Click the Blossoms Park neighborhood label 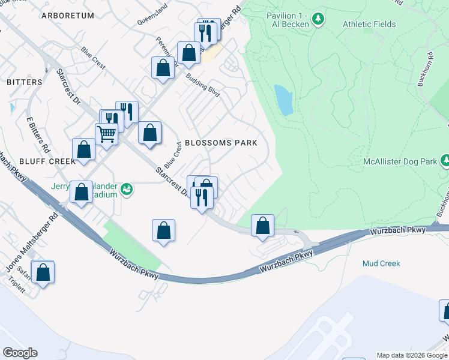pos(221,143)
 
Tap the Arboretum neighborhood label pos(68,16)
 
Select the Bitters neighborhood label pos(25,82)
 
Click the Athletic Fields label pos(369,24)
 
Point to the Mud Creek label pos(381,263)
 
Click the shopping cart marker pos(107,134)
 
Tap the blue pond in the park pos(283,100)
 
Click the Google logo pos(20,352)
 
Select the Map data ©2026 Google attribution pos(412,355)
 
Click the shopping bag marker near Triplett pos(43,272)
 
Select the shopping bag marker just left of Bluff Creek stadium pos(82,193)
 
